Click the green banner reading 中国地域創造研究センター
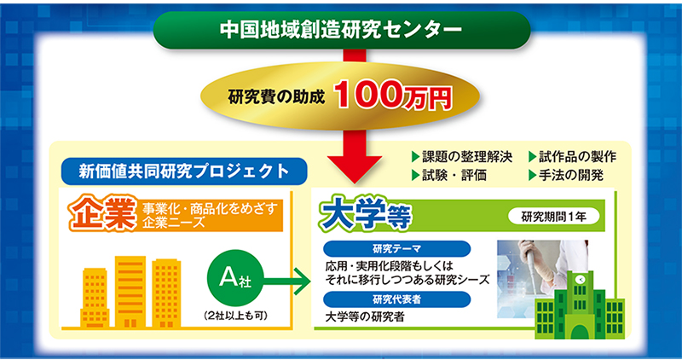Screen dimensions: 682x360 (342, 30)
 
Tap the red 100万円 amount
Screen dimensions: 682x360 (393, 96)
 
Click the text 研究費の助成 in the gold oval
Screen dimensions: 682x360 (276, 97)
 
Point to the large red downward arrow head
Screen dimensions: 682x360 (355, 168)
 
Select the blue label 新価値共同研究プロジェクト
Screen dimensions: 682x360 (184, 171)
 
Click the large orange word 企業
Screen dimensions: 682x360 (102, 214)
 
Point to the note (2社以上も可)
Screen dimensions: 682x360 (235, 316)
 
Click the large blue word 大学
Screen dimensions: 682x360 (352, 214)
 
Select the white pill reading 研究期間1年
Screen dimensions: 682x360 (553, 217)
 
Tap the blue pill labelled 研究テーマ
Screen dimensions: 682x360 (396, 248)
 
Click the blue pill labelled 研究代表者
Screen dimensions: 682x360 (396, 299)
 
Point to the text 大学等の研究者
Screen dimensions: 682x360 (365, 316)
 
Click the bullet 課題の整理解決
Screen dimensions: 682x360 (462, 157)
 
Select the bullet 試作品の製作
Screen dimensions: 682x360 (572, 157)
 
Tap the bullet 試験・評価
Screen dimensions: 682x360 (449, 175)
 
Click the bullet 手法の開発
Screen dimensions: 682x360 (566, 175)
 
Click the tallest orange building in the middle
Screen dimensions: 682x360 (130, 291)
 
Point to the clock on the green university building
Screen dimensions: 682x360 (580, 280)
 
